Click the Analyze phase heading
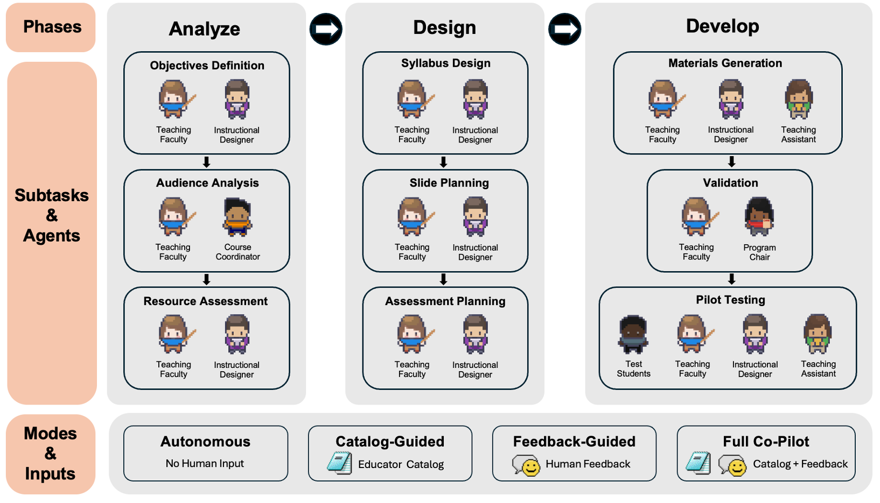tap(205, 29)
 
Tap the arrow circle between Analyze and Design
tap(326, 29)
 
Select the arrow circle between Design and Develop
tap(564, 29)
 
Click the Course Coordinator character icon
tap(238, 217)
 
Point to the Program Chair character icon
tap(759, 217)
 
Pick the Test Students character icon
tap(633, 334)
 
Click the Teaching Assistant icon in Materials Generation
tap(799, 100)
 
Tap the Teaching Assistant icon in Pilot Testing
tap(818, 334)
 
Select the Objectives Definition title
tap(207, 66)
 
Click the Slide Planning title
tap(449, 183)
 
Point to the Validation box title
tap(730, 183)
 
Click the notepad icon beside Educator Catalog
tap(340, 463)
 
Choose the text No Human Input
tap(205, 463)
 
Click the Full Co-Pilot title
tap(766, 442)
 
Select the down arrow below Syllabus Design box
tap(443, 162)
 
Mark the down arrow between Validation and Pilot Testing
tap(731, 279)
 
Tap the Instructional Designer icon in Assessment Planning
tap(476, 334)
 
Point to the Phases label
tap(52, 27)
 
